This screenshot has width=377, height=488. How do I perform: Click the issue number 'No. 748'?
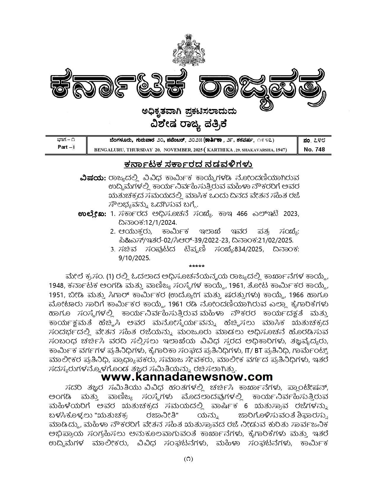coord(314,149)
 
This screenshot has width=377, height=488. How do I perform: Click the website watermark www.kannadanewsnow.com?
coord(187,377)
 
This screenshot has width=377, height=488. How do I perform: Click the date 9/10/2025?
coord(134,258)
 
